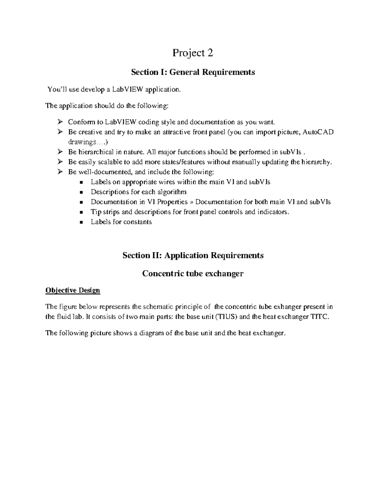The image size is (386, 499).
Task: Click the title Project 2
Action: click(193, 53)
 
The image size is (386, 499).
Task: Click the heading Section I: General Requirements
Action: click(193, 72)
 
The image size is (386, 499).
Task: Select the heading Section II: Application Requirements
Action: click(193, 255)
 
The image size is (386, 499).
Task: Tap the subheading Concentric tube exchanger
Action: click(193, 274)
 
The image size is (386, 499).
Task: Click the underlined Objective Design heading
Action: click(73, 290)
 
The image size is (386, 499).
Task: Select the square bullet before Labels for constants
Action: click(81, 222)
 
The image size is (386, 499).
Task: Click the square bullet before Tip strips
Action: click(81, 212)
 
